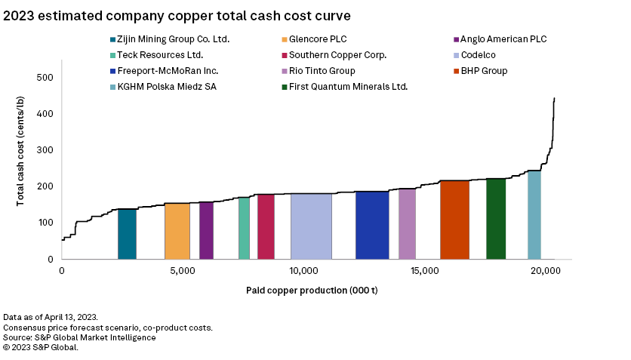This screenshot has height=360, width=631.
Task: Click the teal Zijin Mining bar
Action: (127, 234)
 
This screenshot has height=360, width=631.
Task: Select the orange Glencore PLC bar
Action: (177, 231)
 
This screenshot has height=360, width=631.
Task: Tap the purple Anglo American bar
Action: (206, 231)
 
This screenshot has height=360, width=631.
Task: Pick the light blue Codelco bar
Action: (311, 226)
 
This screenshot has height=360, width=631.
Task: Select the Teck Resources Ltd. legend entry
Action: (160, 55)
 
